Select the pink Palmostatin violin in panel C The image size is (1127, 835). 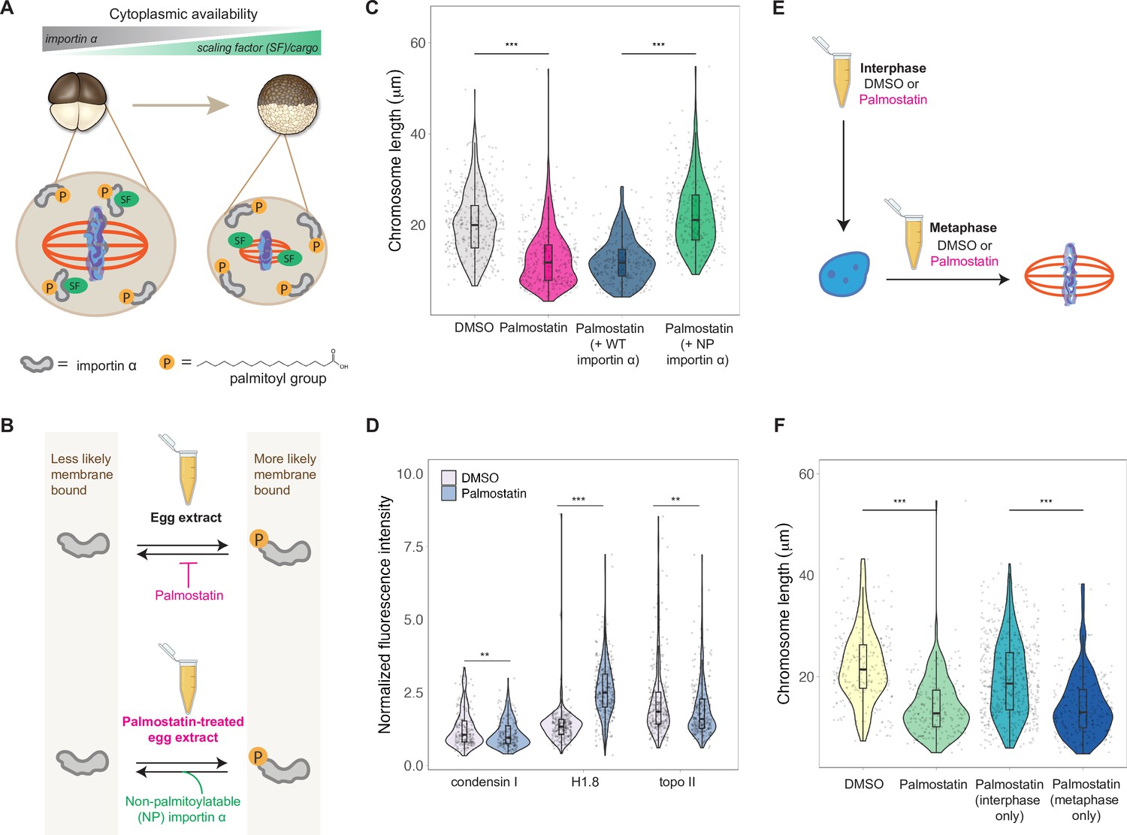548,256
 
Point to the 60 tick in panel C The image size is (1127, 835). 418,43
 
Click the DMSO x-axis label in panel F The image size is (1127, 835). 863,784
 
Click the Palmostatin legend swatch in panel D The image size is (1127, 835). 449,494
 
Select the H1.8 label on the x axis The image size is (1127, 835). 585,782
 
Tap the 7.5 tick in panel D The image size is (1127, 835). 413,546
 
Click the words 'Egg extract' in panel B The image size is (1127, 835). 186,518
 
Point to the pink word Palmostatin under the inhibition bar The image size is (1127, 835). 189,595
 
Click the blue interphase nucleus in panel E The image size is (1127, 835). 844,274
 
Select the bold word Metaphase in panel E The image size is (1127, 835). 962,228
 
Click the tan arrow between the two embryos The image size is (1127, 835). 180,105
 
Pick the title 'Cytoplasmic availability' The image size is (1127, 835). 183,14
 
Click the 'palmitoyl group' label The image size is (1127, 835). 278,378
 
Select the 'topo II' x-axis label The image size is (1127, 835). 677,782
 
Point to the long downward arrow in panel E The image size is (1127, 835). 844,173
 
